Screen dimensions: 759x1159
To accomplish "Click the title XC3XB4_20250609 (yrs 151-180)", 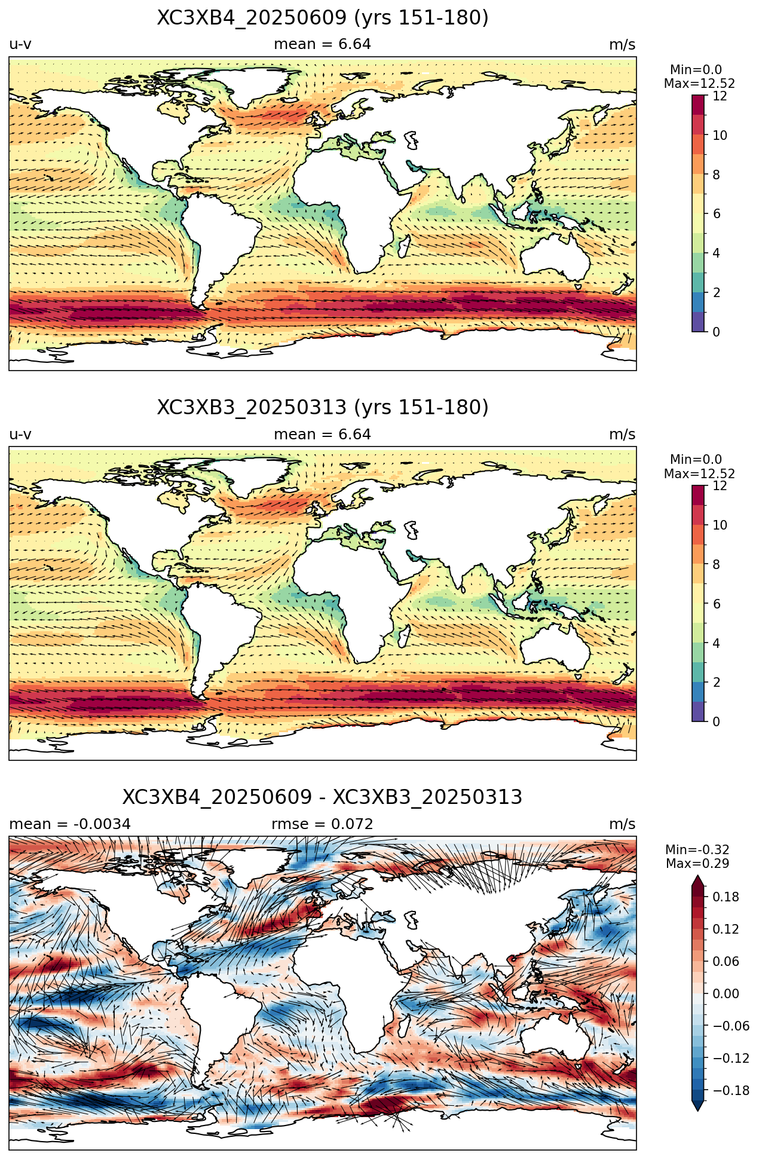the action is [323, 18].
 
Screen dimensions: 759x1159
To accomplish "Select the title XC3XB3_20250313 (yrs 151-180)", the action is [323, 408].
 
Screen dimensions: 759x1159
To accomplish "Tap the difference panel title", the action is [323, 797].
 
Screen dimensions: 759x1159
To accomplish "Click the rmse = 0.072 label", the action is [323, 824].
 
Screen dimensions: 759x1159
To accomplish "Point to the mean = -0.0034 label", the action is [70, 824].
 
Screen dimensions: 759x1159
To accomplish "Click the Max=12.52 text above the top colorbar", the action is [699, 84].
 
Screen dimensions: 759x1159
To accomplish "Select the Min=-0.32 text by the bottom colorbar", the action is [697, 850].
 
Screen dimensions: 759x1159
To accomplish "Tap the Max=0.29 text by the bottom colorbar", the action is [697, 864].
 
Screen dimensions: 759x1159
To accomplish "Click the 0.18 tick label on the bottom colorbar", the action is [726, 897].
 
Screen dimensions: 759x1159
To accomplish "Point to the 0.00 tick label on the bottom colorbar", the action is [726, 993].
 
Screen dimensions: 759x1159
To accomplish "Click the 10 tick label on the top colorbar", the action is [720, 135].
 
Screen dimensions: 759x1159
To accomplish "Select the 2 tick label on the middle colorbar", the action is [717, 682].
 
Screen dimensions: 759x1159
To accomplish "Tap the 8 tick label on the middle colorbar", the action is [717, 564].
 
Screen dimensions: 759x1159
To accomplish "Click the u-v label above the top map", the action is [20, 44].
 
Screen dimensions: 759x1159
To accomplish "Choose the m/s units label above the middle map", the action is [622, 435].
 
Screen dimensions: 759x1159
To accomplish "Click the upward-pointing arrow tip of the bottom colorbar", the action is [698, 875].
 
